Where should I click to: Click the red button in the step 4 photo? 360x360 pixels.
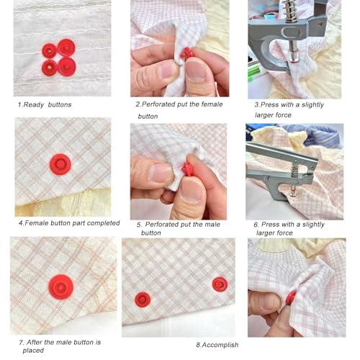[60, 164]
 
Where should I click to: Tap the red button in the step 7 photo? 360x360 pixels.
[60, 287]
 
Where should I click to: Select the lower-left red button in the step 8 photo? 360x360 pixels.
[143, 300]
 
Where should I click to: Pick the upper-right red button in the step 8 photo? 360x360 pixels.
[220, 284]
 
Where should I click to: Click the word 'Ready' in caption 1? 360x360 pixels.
[34, 105]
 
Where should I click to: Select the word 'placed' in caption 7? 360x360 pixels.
[33, 351]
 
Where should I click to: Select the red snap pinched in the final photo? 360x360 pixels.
[291, 297]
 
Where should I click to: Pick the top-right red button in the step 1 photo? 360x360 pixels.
[66, 48]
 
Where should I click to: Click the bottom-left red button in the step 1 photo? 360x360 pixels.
[50, 68]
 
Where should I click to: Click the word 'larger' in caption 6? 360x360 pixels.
[265, 233]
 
